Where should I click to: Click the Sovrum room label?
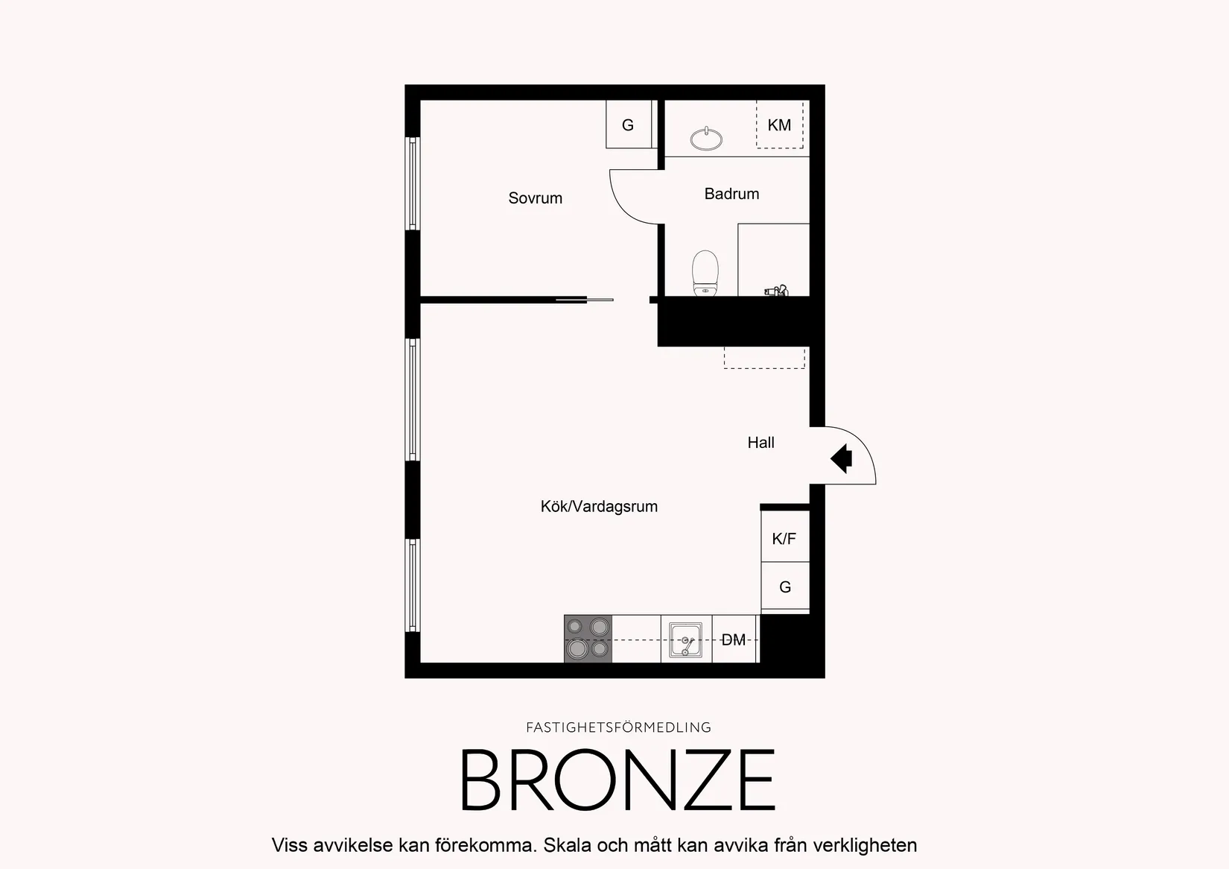click(535, 198)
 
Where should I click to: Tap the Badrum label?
click(731, 194)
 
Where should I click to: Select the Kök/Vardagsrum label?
click(599, 506)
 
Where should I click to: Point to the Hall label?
click(760, 443)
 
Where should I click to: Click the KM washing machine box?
click(780, 124)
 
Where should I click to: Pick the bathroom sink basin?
click(706, 139)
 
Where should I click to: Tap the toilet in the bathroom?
click(705, 274)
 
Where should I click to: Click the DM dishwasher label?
click(733, 639)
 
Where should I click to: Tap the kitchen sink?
click(686, 639)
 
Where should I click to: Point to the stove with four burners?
click(588, 639)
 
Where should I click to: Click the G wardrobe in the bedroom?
click(629, 124)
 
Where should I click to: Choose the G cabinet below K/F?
click(785, 586)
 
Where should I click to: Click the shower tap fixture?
click(776, 291)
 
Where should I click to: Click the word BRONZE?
click(617, 780)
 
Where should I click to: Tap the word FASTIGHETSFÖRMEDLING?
click(618, 727)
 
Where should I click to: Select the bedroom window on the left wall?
click(413, 183)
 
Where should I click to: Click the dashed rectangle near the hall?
click(764, 358)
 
